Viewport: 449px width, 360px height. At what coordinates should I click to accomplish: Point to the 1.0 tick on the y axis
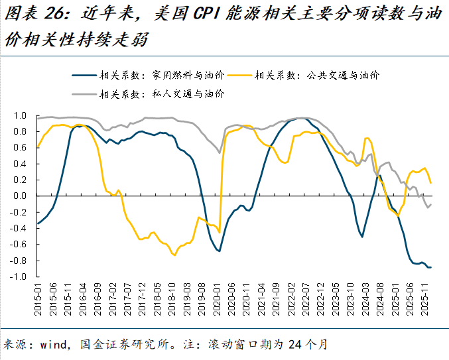(20, 115)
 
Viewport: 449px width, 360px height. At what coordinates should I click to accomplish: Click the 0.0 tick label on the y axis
(20, 196)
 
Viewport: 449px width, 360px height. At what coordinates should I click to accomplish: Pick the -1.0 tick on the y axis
(18, 276)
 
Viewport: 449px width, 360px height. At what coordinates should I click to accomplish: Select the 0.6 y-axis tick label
(20, 148)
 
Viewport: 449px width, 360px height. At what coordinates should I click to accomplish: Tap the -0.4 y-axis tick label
(18, 228)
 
